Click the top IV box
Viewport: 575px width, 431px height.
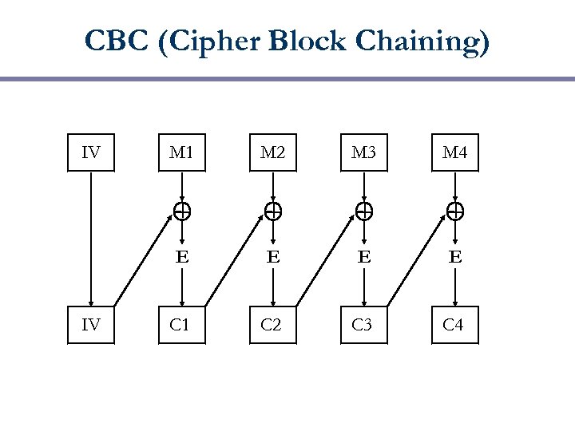[91, 152]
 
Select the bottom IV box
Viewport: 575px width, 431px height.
[91, 325]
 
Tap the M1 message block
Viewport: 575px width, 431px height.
[182, 152]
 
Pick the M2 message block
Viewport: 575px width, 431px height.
[273, 152]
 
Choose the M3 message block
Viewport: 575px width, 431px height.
[364, 152]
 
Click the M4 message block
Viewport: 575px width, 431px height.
[455, 152]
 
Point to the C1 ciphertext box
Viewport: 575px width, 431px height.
[182, 325]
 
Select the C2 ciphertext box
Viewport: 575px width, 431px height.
[273, 325]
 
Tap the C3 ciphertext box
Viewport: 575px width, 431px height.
[364, 325]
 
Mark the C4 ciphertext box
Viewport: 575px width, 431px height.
[455, 325]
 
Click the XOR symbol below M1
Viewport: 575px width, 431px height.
[182, 212]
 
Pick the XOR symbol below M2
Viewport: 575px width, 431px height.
[273, 212]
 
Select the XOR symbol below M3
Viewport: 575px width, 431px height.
[364, 212]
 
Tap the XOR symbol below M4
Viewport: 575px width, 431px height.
[455, 212]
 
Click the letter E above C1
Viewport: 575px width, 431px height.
[182, 257]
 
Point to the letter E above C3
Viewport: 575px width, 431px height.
[364, 257]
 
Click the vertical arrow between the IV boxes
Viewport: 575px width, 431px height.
[91, 239]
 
